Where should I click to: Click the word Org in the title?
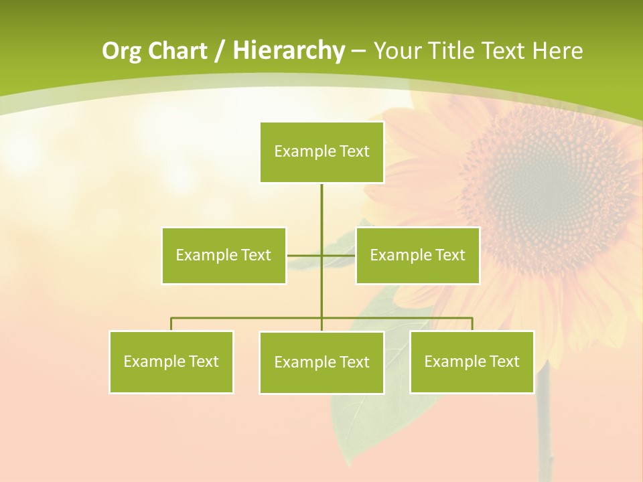coord(121,51)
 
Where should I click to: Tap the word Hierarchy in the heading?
coord(289,51)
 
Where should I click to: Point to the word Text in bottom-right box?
coord(504,361)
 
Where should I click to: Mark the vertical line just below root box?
coord(321,204)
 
